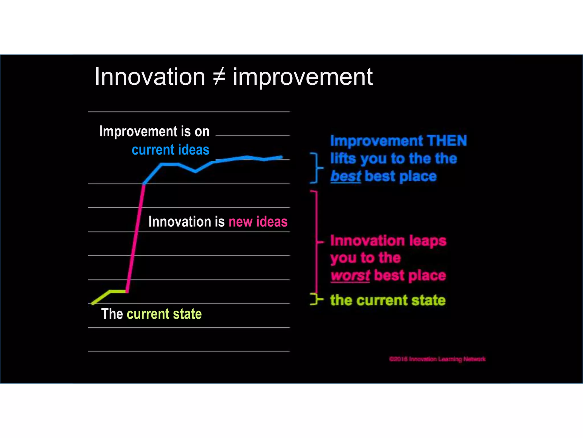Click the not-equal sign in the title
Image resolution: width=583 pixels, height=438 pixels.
[x=219, y=77]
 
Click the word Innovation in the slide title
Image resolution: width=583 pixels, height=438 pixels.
[x=150, y=77]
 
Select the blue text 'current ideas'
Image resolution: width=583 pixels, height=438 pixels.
[x=171, y=150]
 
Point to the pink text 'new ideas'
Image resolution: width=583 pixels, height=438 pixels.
[x=258, y=222]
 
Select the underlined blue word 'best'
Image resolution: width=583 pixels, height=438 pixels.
[x=346, y=176]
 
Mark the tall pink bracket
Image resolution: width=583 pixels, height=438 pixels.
[x=317, y=242]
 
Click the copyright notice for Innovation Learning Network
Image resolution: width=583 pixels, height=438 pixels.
[x=437, y=359]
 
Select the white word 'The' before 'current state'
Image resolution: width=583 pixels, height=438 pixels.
[x=112, y=314]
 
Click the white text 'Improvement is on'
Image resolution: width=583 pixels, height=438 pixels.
[x=154, y=132]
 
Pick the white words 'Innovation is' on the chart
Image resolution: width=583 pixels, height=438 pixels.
[x=186, y=222]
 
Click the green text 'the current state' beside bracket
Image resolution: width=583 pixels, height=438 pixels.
[x=388, y=300]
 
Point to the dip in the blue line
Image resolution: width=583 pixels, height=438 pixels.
[x=195, y=171]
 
